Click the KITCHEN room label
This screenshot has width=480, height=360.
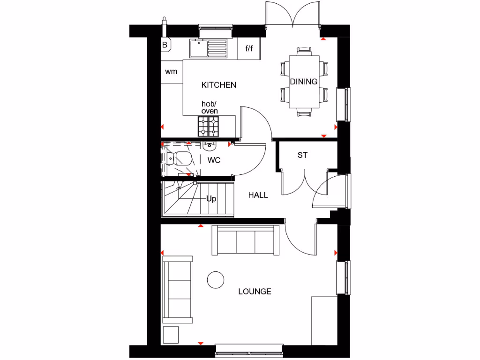click(218, 85)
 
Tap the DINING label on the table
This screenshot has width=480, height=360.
click(303, 82)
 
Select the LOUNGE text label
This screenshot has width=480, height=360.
click(255, 292)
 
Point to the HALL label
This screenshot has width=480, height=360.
click(258, 195)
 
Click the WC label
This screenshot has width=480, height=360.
click(214, 160)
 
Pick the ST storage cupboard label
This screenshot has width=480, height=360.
click(302, 155)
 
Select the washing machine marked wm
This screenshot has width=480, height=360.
click(171, 72)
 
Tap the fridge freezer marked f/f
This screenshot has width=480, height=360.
click(248, 48)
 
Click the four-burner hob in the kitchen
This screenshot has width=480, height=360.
click(208, 126)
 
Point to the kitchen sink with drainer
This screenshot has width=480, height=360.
click(209, 48)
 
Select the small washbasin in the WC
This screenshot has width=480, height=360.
click(209, 146)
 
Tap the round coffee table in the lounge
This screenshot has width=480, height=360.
click(215, 280)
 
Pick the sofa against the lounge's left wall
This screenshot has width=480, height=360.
click(177, 290)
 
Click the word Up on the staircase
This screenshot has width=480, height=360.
click(211, 199)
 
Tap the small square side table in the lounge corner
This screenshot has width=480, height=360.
click(171, 335)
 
